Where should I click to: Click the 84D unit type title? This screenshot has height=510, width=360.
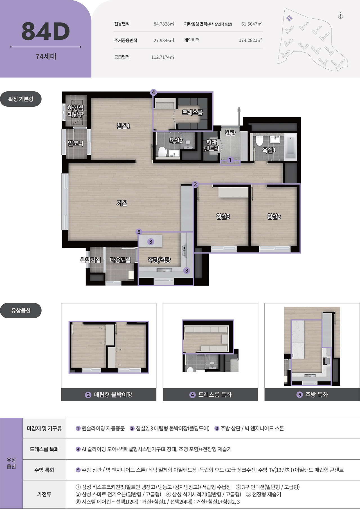46,31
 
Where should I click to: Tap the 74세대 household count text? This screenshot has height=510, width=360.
46,57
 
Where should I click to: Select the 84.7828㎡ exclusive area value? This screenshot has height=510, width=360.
164,24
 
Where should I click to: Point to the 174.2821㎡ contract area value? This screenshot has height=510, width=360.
250,40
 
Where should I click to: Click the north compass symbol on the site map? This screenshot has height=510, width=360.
340,16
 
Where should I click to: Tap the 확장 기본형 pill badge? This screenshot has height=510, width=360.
21,99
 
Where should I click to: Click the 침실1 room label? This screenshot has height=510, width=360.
123,126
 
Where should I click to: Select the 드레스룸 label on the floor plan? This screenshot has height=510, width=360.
192,112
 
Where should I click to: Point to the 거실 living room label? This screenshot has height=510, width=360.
122,203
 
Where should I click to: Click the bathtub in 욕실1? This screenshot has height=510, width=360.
291,147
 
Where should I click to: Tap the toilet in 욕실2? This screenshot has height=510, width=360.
162,152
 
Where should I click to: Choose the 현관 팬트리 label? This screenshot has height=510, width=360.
211,145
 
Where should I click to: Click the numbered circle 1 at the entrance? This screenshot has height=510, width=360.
230,160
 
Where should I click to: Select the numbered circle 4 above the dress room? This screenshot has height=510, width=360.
153,92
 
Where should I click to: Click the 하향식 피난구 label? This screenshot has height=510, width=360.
75,111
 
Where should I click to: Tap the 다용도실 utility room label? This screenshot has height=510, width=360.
120,260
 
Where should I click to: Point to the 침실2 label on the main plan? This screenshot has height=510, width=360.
274,216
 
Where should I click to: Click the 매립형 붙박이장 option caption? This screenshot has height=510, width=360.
109,395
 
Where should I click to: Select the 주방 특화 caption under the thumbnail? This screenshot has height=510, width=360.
312,395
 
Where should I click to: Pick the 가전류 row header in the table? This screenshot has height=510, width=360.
44,494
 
